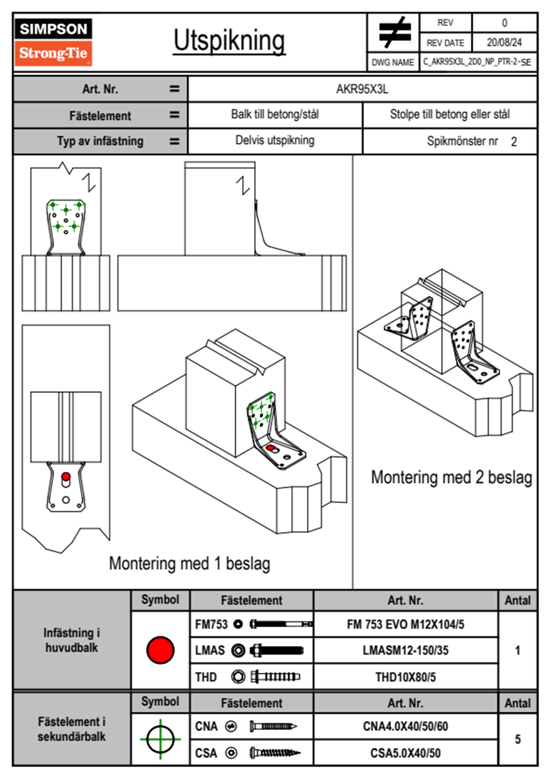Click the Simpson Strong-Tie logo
point(53,42)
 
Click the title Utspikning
point(229,41)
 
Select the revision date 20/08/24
point(504,43)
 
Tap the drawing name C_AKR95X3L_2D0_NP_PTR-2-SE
point(477,62)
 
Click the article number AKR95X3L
point(362,89)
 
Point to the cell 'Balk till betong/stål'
point(275,114)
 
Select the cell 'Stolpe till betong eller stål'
point(450,114)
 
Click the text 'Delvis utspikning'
point(275,140)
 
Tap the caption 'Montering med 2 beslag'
point(451,477)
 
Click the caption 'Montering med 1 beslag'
point(189,564)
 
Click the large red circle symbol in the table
point(160,650)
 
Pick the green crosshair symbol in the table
point(160,739)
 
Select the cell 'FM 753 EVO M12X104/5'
point(405,624)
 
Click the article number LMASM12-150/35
point(405,650)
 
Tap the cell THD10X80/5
point(405,677)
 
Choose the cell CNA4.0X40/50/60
point(405,726)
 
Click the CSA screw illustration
point(274,753)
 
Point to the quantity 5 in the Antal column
point(518,739)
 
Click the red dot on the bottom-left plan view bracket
point(66,477)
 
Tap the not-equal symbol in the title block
point(394,32)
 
